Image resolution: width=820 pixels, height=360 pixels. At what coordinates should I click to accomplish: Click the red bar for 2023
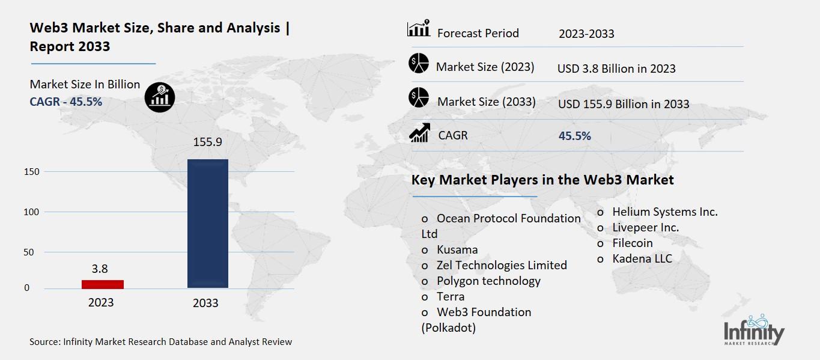tap(103, 284)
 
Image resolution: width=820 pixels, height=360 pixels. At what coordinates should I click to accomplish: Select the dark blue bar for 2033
tap(208, 224)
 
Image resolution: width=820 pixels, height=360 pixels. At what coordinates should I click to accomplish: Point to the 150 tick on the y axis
tap(32, 172)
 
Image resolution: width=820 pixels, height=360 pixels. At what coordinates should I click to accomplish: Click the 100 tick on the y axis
tap(32, 212)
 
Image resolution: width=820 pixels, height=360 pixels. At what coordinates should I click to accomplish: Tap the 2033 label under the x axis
tap(205, 303)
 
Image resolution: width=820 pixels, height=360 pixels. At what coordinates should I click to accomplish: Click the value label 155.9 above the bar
tap(208, 143)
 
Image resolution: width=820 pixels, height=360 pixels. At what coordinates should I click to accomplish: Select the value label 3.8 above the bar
tap(100, 268)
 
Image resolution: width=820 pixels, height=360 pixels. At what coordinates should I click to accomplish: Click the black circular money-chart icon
tap(160, 97)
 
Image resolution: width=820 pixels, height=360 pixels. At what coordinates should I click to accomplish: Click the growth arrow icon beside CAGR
tap(419, 133)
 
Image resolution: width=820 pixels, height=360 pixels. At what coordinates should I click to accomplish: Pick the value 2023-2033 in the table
tap(586, 34)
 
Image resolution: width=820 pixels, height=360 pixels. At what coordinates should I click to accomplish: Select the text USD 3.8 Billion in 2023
tap(616, 69)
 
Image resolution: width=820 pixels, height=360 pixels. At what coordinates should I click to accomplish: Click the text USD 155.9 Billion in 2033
tap(624, 104)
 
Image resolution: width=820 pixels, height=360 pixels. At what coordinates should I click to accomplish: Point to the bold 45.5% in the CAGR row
tap(575, 136)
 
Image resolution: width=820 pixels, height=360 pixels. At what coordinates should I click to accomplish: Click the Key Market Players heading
tap(542, 180)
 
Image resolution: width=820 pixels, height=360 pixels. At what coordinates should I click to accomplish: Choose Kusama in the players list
tap(457, 249)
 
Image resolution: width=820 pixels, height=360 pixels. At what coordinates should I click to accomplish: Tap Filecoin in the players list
tap(632, 243)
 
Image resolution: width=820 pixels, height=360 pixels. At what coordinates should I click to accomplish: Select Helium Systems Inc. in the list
tap(664, 212)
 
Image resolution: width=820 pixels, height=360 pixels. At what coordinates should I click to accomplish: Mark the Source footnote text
tap(161, 341)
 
